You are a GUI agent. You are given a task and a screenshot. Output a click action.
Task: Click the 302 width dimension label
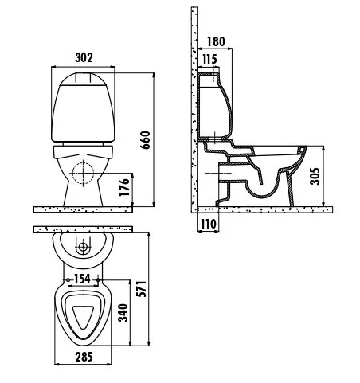point(84,57)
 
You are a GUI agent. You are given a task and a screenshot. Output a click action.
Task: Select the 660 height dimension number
point(145,140)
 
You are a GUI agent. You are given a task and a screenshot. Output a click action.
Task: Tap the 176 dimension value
point(124,187)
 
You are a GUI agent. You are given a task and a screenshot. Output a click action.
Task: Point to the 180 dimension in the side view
point(216,41)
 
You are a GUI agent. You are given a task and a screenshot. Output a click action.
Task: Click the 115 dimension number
point(209,59)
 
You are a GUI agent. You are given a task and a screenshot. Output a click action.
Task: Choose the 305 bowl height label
point(315,176)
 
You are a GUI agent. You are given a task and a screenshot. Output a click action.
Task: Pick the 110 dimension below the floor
point(209,225)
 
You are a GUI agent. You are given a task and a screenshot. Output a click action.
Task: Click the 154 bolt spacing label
point(82,279)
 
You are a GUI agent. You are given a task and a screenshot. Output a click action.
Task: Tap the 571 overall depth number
point(141,289)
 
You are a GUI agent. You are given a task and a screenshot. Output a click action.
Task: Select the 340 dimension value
point(123,313)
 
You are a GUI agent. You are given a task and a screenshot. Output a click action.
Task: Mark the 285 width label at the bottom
point(84,357)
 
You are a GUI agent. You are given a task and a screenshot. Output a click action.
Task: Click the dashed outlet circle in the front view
point(84,173)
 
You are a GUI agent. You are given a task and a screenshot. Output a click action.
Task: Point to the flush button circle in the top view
point(83,248)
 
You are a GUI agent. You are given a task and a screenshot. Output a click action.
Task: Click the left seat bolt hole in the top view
point(68,279)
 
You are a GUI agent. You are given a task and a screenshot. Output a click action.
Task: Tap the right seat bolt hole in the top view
point(98,279)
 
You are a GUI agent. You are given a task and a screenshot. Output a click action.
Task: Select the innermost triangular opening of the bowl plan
point(83,316)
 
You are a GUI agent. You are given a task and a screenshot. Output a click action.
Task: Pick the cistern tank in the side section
point(214,106)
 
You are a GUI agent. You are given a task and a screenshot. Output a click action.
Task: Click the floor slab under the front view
point(83,209)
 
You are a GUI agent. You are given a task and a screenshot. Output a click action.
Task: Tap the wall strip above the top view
point(83,229)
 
